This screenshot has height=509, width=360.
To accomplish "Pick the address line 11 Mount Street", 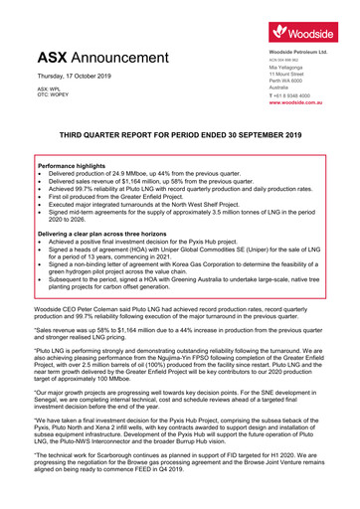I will tap(287, 75).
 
